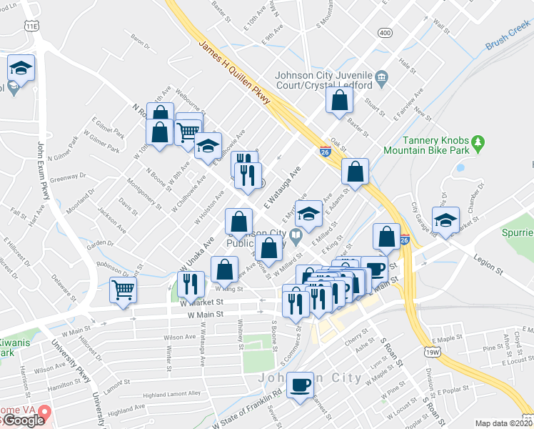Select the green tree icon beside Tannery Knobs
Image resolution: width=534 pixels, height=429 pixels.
point(479,143)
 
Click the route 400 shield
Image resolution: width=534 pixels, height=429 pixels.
point(386,33)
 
